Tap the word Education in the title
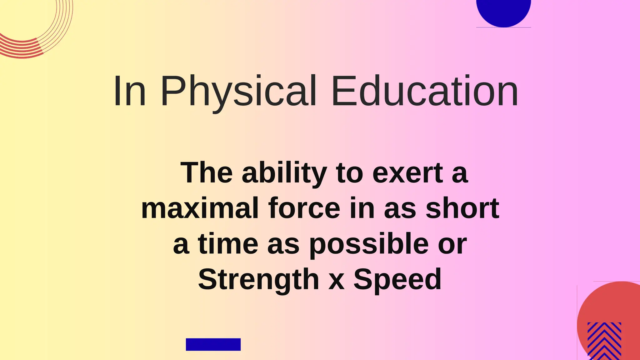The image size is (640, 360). tap(425, 91)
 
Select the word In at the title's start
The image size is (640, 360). tap(129, 91)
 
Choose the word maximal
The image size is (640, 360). tap(200, 208)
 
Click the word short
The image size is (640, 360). tap(462, 208)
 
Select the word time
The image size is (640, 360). tap(228, 244)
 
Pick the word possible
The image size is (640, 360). tap(369, 244)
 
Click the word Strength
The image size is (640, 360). tap(258, 279)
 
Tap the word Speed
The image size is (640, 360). tap(397, 279)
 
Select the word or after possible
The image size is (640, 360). tap(452, 245)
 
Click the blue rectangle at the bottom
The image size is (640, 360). tap(213, 344)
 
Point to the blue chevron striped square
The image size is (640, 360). tap(604, 341)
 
